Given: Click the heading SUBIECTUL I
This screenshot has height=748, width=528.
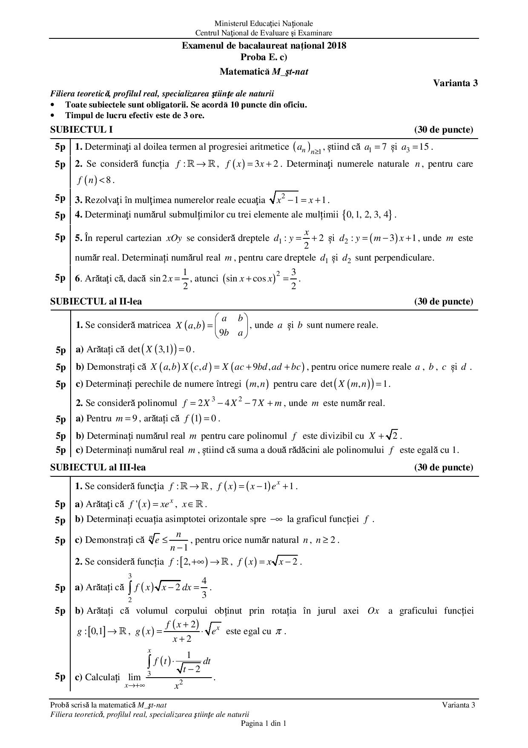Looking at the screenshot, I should pyautogui.click(x=81, y=130).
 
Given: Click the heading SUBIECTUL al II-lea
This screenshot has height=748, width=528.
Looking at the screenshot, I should pyautogui.click(x=96, y=302).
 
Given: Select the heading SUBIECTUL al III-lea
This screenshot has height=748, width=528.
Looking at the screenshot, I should pyautogui.click(x=98, y=467).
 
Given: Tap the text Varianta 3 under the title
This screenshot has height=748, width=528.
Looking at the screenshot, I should pyautogui.click(x=455, y=83).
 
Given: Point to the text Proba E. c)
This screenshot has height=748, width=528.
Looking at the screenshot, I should pyautogui.click(x=264, y=57).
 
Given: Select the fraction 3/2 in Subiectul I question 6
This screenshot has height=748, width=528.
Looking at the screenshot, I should pyautogui.click(x=293, y=279).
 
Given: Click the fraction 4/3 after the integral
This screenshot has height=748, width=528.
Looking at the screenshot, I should pyautogui.click(x=204, y=588).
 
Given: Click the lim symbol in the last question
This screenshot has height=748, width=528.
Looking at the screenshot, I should pyautogui.click(x=134, y=677).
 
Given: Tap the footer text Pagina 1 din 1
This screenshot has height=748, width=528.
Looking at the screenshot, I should pyautogui.click(x=264, y=723).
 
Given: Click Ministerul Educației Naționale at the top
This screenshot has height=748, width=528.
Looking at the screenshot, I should pyautogui.click(x=264, y=23).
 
